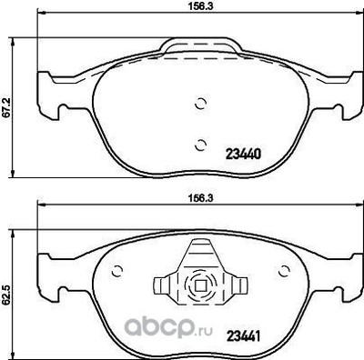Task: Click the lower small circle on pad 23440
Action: pos(201,141)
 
